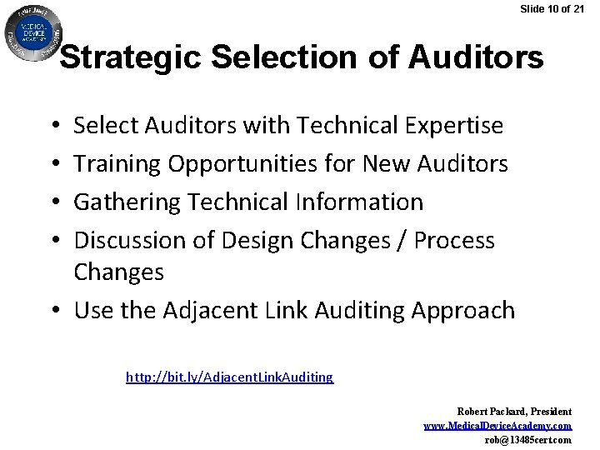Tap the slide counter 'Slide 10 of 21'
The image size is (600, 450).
point(552,9)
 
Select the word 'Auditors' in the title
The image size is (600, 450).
point(476,58)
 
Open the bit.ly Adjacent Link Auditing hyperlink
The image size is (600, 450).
point(229,377)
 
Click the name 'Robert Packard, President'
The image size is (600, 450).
point(514,412)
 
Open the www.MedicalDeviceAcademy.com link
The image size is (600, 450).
point(497,426)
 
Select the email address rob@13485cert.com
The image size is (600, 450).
point(527,440)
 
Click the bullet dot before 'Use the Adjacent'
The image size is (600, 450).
point(52,312)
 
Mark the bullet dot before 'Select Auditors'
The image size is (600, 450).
point(53,127)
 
